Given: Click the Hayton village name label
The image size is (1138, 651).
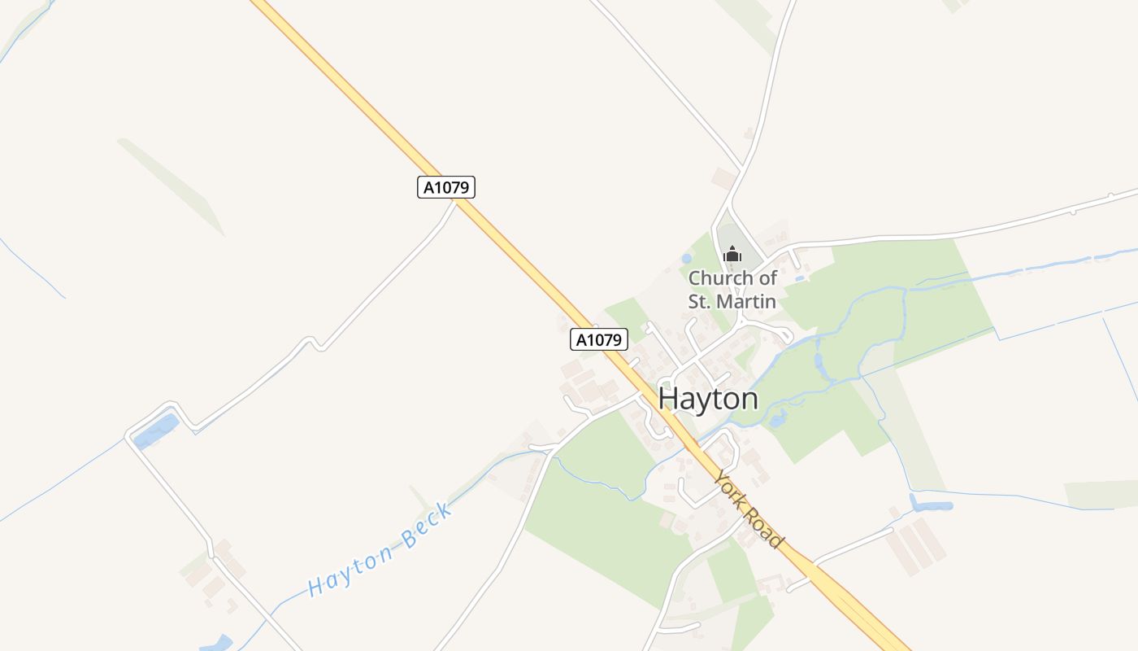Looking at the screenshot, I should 708,398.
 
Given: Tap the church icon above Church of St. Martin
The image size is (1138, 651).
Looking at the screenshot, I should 732,255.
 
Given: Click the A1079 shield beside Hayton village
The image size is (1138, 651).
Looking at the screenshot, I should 599,339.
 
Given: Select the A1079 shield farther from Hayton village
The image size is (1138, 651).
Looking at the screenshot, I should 446,187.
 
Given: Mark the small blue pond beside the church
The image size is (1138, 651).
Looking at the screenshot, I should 687,259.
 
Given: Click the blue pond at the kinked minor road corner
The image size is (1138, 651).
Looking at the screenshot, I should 156,431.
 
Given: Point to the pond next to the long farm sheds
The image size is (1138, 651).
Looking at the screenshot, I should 931,505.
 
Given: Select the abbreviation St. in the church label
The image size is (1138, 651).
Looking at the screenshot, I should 700,301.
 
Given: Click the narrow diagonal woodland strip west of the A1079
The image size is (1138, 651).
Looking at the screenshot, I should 171,187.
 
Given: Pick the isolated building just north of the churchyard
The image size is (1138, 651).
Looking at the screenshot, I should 723,178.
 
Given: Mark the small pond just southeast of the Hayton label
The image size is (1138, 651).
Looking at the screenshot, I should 777,420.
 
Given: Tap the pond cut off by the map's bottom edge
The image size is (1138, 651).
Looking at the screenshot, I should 216,644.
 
